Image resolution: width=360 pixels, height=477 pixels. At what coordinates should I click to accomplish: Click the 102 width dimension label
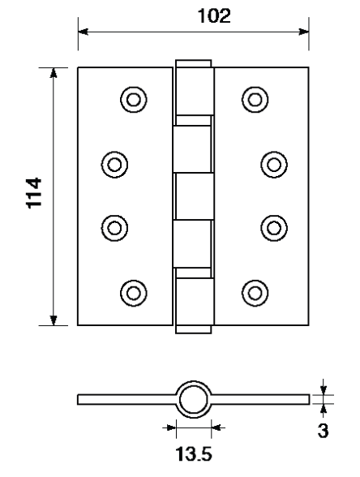tap(214, 16)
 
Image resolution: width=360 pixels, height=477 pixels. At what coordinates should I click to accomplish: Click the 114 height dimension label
tap(34, 193)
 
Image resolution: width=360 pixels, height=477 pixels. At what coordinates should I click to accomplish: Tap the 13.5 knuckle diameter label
tap(193, 454)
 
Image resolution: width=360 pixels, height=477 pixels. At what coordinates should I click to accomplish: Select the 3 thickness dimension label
tap(323, 431)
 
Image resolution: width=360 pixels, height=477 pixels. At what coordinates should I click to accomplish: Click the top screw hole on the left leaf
tap(134, 100)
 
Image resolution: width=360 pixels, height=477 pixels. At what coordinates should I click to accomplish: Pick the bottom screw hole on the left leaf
tap(134, 293)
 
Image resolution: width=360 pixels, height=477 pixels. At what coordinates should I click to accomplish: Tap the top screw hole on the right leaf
tap(255, 100)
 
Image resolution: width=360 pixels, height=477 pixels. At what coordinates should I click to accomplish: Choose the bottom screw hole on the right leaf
tap(255, 293)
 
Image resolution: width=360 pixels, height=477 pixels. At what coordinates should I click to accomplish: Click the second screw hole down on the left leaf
tap(114, 165)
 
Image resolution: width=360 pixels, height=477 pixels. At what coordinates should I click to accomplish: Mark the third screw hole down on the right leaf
tap(274, 228)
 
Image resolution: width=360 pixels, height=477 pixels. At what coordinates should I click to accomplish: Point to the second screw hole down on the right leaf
tap(274, 165)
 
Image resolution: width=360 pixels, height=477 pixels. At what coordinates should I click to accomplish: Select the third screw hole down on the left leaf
tap(114, 228)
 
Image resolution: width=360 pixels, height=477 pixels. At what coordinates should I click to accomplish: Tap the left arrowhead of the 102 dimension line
tap(83, 32)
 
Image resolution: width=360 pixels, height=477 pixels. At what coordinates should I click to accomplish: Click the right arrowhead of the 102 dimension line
tap(304, 32)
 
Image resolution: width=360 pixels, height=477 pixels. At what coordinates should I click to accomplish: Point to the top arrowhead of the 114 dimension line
tap(54, 73)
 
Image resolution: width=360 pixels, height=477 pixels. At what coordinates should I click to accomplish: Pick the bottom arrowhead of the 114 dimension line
tap(54, 320)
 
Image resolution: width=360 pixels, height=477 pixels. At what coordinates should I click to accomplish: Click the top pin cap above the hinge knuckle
tap(193, 63)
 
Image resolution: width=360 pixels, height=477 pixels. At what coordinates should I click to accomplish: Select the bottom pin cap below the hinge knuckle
tap(193, 329)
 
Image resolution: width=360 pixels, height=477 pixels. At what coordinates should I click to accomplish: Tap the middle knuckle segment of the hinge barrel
tap(194, 196)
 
